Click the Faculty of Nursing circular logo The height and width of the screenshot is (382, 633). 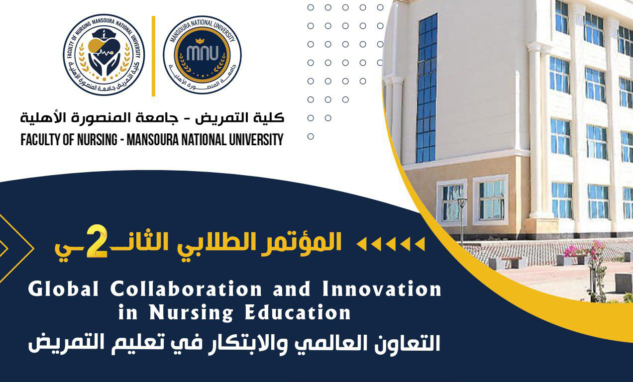point(104,55)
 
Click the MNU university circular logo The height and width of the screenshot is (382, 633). point(202,55)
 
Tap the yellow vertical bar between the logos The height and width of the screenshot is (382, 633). point(153,56)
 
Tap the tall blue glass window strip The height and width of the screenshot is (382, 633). point(426,90)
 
